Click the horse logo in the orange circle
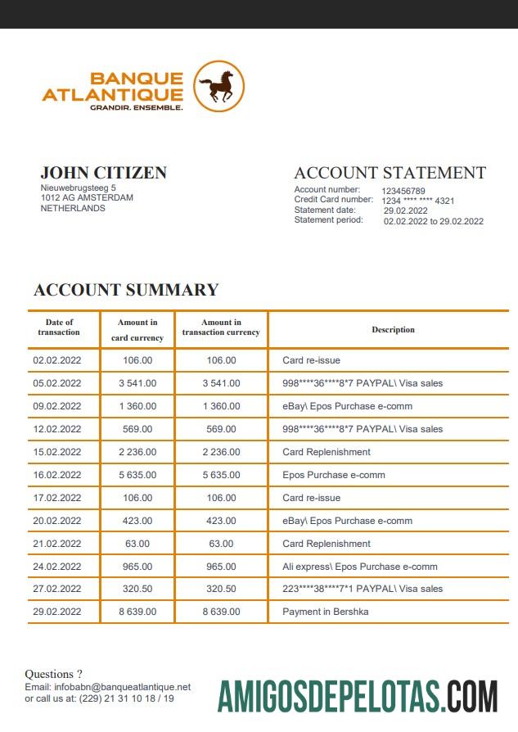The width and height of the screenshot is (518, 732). point(218,87)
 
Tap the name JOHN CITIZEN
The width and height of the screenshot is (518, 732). point(103,173)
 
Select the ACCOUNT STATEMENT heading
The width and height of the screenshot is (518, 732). point(390,173)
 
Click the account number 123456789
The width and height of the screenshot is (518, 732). point(403,191)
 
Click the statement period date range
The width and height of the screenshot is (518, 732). point(433,221)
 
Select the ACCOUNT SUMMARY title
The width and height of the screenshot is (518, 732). point(126,290)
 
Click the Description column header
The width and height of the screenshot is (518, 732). point(393,330)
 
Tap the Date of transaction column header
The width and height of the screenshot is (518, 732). point(60,328)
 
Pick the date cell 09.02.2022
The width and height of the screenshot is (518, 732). point(57,406)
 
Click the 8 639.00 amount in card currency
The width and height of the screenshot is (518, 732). point(137,612)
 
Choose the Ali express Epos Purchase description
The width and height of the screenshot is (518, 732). point(359,567)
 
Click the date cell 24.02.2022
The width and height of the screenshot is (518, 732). point(57,567)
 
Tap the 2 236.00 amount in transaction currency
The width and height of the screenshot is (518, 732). point(221,452)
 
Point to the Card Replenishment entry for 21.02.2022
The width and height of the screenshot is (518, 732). point(326,544)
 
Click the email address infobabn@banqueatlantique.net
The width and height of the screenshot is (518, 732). point(122,687)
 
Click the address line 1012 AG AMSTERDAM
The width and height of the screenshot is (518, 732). point(88,197)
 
